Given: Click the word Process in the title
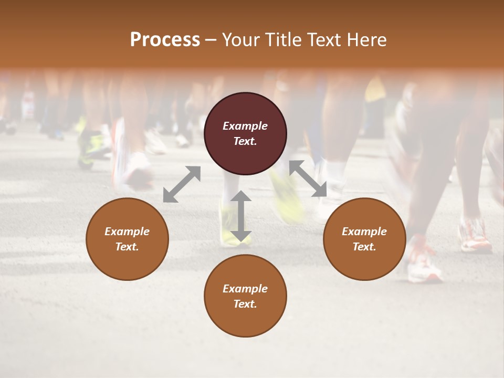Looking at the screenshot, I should point(165,40).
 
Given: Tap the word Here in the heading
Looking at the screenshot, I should point(367,40).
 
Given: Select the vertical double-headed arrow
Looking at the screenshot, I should point(240,216).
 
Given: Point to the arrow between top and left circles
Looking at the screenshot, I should point(182,184).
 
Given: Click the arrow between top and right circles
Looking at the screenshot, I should point(308,178).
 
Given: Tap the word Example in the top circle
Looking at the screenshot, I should point(245,126).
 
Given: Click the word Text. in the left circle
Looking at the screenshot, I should point(127,247).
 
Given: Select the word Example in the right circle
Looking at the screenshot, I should point(364,232).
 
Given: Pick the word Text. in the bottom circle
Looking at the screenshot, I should point(245,304).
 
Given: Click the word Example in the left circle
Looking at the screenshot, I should point(127,232).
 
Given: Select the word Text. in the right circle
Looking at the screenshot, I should point(364,247).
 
